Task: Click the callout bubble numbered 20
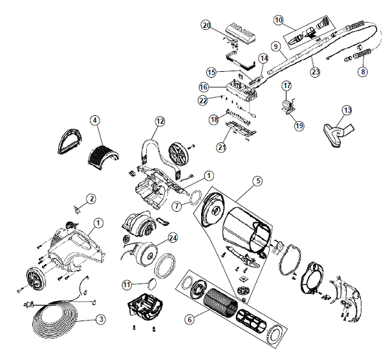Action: point(206,25)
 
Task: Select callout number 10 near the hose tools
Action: point(279,20)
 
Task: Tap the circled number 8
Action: point(363,72)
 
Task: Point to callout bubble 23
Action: point(316,72)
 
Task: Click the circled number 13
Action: point(347,110)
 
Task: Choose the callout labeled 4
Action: point(95,120)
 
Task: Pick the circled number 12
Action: point(160,121)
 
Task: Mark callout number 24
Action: point(173,238)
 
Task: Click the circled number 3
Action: point(101,319)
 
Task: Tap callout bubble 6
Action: point(189,320)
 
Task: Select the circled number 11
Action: point(127,285)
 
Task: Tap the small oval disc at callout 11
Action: point(153,283)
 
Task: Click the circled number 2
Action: point(91,199)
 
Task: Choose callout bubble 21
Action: point(221,148)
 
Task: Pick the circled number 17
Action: point(286,86)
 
